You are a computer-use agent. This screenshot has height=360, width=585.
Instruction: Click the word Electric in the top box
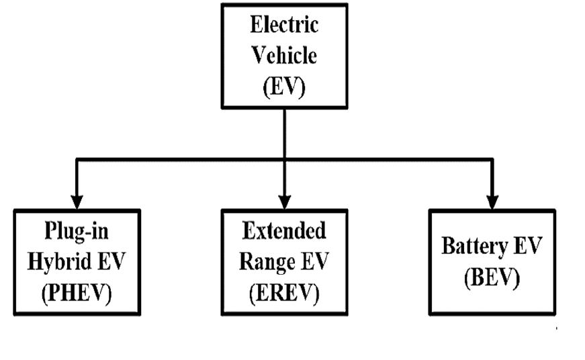[284, 26]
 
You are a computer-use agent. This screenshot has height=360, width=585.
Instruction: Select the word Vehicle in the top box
[284, 56]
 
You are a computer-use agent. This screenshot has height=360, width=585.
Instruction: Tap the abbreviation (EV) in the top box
[284, 87]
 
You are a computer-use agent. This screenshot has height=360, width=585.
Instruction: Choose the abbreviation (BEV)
[492, 277]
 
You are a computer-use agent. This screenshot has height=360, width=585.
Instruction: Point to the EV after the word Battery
[528, 246]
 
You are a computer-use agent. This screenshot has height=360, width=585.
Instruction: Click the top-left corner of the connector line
[77, 160]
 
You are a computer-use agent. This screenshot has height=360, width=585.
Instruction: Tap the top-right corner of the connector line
[493, 160]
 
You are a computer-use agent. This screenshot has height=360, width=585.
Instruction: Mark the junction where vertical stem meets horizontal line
[285, 160]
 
